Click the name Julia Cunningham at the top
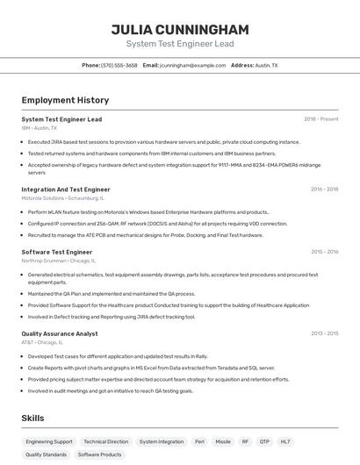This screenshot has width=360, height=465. coord(179,29)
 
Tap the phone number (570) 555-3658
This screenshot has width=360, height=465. coord(119,65)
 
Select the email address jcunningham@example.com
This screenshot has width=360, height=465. coord(192,65)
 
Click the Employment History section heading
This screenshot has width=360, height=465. coord(65,100)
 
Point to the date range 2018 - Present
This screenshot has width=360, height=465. coord(320,119)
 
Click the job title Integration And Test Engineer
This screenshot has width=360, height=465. coord(66,190)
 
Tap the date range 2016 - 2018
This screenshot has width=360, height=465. coord(324,190)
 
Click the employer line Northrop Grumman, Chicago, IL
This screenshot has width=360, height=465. coord(59,261)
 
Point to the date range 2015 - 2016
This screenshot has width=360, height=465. coord(324,252)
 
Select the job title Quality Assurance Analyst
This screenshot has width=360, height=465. coord(60,333)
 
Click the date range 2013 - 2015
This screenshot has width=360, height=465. coord(324,333)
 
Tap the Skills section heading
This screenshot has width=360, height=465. coord(33,418)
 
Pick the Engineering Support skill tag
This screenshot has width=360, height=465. coord(49,442)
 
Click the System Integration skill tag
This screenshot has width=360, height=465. coord(162,442)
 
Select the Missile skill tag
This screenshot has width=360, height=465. coord(223,442)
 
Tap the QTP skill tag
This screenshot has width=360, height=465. coord(263,442)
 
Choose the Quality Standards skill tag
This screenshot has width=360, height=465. coord(46,455)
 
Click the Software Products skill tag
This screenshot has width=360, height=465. coord(99,455)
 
